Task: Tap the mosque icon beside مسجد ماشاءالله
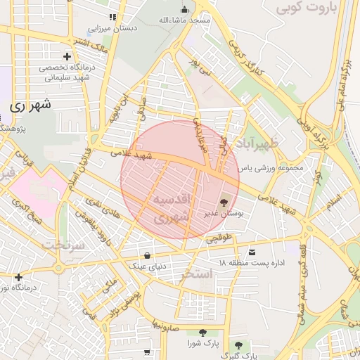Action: click(x=185, y=9)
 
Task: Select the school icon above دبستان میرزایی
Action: click(x=111, y=17)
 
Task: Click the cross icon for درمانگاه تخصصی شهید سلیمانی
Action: click(x=67, y=56)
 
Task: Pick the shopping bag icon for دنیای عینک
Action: click(x=146, y=255)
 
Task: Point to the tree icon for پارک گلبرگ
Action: click(x=238, y=345)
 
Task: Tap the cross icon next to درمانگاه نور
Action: click(x=18, y=277)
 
